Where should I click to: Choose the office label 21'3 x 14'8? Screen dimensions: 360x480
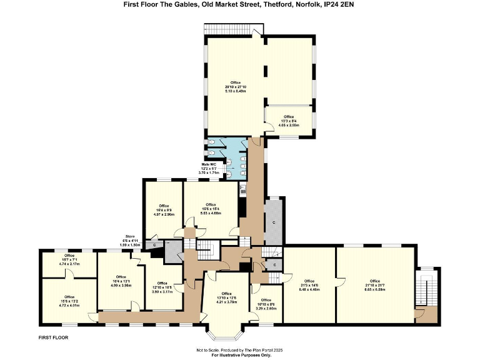point(309,285)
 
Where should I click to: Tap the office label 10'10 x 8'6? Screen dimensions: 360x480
point(266,304)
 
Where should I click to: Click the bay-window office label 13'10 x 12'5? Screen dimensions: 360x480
point(226,297)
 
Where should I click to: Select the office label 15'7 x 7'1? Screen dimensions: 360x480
point(69,259)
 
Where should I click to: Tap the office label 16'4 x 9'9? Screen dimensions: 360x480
point(164,209)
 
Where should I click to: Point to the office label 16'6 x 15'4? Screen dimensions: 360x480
point(211,209)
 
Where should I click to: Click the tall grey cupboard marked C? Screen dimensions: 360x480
point(274,222)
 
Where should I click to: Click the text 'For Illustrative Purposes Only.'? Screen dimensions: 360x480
point(239,355)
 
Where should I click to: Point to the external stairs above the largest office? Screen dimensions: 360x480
point(232,29)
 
